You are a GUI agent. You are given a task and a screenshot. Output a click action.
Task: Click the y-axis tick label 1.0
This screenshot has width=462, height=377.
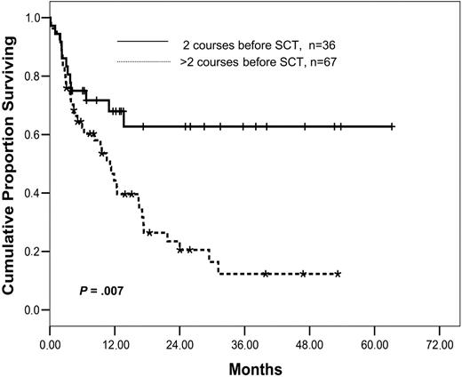[33, 18]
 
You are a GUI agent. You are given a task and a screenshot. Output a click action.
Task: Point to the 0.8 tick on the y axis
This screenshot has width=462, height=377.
[33, 76]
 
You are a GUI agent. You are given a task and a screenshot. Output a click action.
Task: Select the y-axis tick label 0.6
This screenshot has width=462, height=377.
[33, 134]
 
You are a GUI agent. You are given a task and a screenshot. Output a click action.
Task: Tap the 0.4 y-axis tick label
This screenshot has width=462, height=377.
[33, 193]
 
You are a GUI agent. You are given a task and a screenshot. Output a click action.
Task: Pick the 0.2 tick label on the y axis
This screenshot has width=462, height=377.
[33, 252]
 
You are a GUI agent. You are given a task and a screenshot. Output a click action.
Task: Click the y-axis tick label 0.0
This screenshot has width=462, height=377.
[33, 309]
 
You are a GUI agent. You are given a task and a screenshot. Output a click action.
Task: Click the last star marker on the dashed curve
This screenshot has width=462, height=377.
[338, 274]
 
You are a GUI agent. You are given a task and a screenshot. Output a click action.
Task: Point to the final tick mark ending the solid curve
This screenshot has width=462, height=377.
[392, 127]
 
